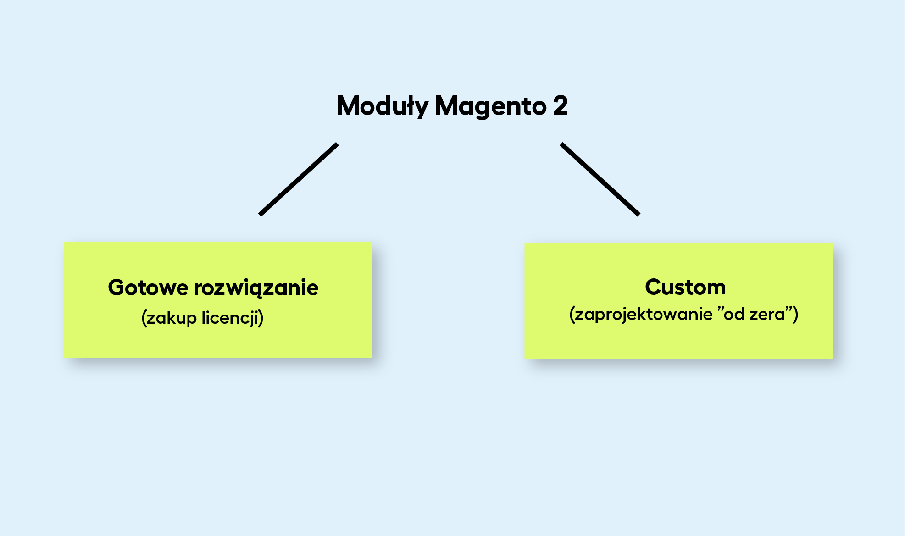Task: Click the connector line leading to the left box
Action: click(299, 179)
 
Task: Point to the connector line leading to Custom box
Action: click(600, 179)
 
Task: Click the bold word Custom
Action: click(685, 287)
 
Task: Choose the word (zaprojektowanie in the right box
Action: click(641, 315)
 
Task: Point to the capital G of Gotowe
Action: click(117, 287)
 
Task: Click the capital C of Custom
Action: click(653, 287)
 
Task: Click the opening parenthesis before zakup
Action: click(144, 318)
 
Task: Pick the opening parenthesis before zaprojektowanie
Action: click(572, 315)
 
